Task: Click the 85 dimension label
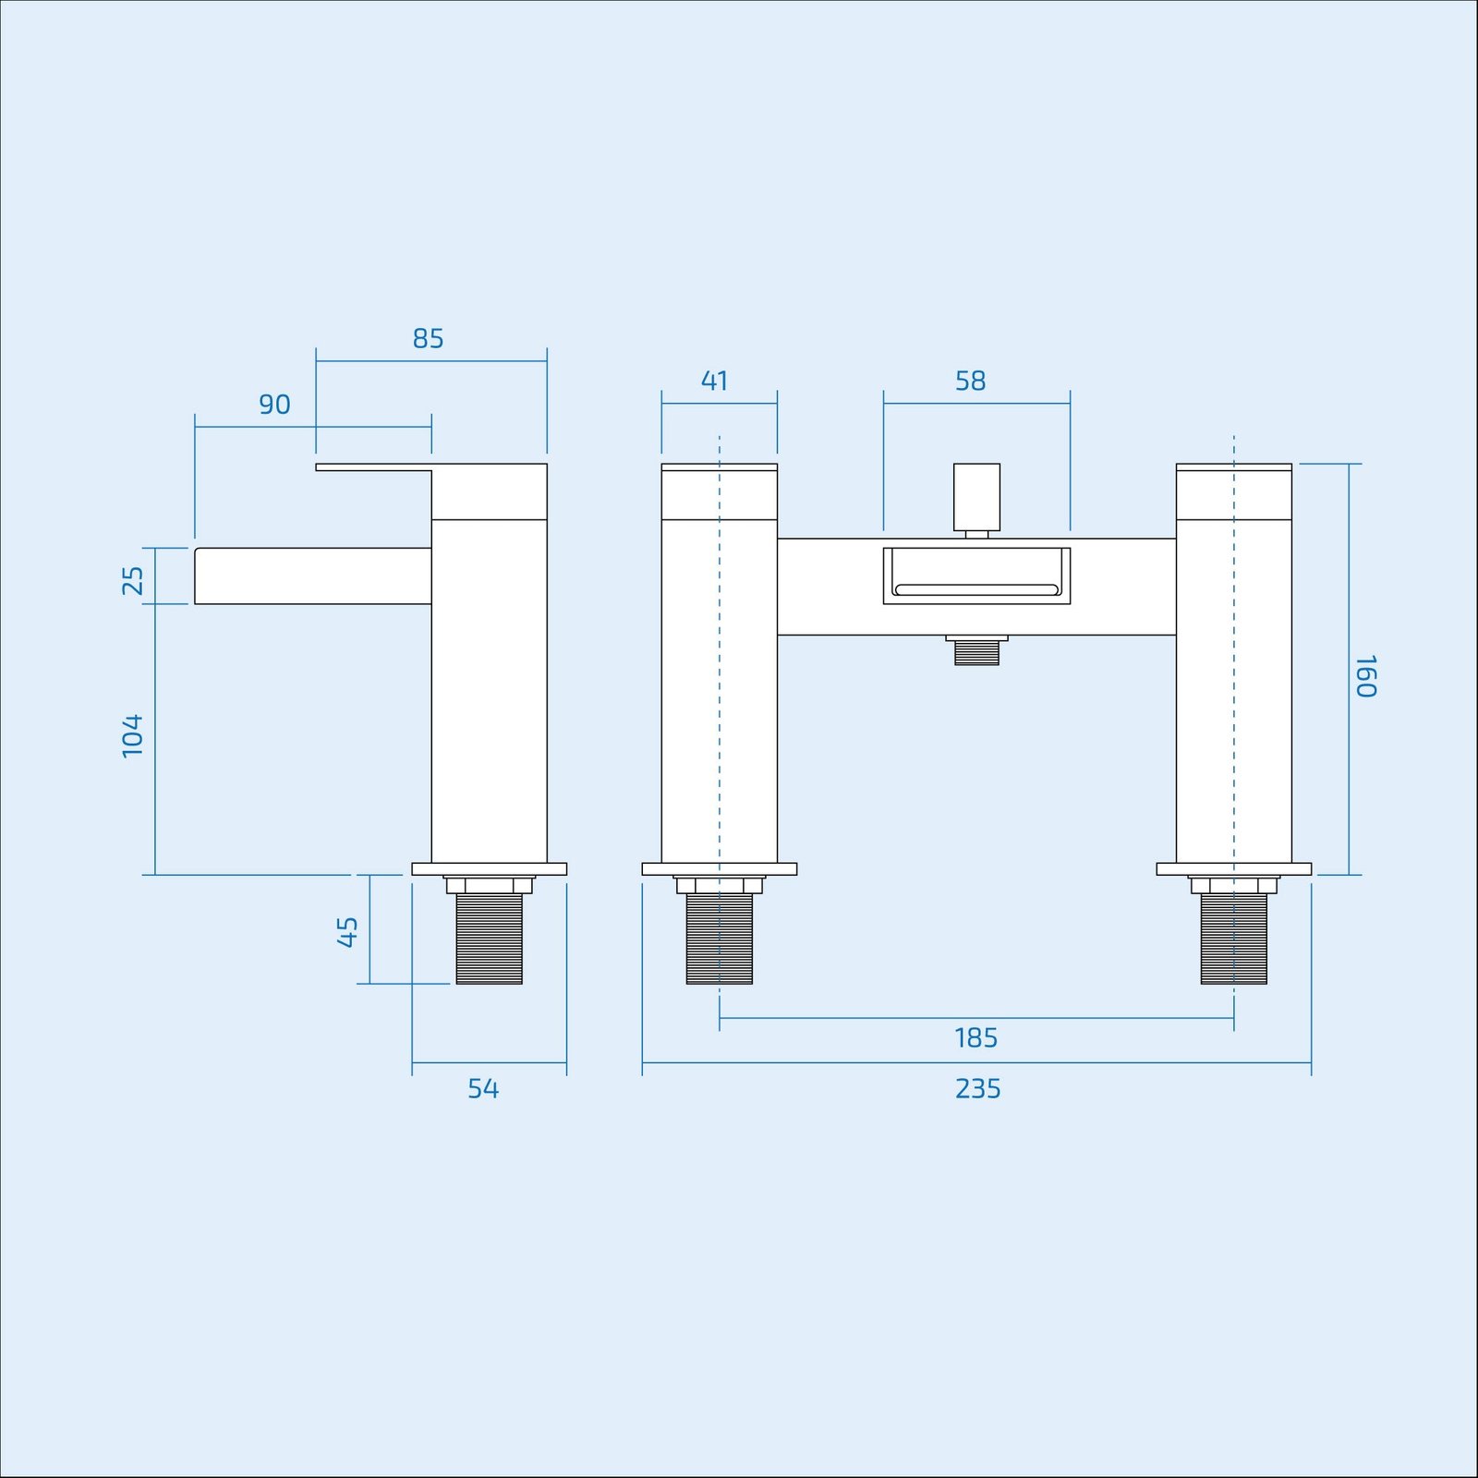click(x=428, y=339)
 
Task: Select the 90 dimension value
click(x=274, y=405)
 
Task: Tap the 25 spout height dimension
click(x=133, y=580)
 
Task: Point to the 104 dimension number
click(x=133, y=735)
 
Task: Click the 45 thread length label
click(x=347, y=931)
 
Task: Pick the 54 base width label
click(x=483, y=1089)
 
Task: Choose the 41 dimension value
click(x=714, y=381)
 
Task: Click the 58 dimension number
click(x=970, y=381)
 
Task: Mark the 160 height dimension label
click(x=1366, y=676)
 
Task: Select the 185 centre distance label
click(x=976, y=1038)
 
